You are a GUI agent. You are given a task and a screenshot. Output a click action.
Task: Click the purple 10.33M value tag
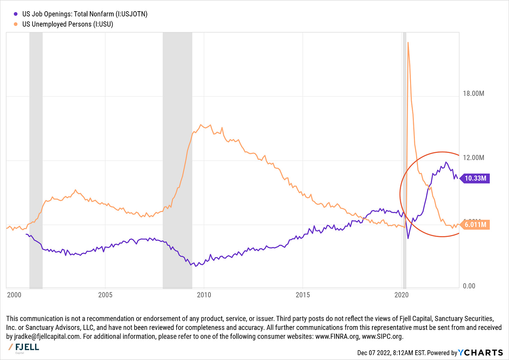coord(475,178)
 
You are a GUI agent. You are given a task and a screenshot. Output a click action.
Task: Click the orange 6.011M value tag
coord(475,224)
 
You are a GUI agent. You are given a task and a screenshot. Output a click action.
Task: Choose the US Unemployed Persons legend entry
coord(67,24)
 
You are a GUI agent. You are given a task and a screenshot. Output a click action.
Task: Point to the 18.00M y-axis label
coord(473,93)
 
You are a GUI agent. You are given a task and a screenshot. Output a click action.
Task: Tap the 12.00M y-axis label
coord(473,157)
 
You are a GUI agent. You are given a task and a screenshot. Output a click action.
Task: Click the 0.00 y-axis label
coord(469,286)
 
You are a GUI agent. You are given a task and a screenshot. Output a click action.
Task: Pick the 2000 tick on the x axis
coord(14,295)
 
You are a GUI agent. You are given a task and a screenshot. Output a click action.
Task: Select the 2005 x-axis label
coord(105,295)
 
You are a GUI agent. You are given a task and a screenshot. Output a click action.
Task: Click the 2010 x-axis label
coord(204,295)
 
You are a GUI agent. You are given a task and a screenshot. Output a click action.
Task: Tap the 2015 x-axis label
coord(303,295)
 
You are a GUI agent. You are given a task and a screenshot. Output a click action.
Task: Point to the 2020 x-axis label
coord(401,295)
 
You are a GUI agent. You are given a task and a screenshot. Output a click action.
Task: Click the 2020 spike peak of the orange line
coord(408,43)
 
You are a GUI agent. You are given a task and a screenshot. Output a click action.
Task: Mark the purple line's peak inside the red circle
coord(446,162)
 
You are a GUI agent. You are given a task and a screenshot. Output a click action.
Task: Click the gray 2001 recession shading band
coord(36,157)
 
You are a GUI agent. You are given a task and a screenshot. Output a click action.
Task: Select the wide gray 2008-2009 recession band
coord(177,157)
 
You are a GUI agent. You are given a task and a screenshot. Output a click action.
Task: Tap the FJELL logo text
coord(27,347)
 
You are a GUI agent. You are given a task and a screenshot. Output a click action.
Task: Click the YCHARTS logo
coord(480,352)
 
